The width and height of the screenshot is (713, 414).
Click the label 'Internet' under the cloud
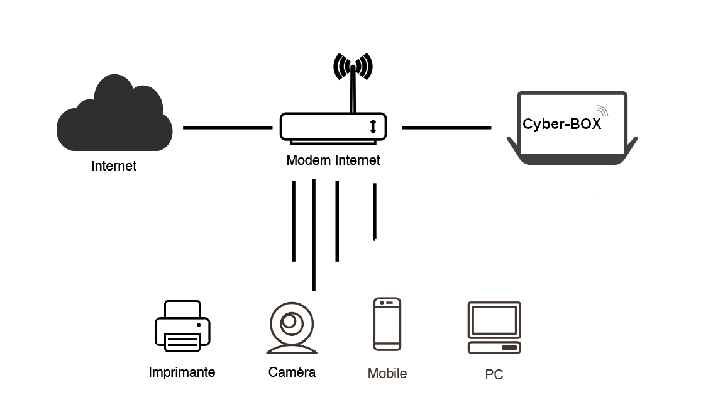(114, 166)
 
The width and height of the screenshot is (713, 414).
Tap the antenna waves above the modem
(353, 67)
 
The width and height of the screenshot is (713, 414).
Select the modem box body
(333, 126)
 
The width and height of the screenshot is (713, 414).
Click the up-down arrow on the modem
(373, 126)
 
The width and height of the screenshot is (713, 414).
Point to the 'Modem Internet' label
(333, 160)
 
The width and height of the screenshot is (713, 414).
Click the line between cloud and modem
(228, 127)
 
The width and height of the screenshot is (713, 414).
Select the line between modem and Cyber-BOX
(446, 127)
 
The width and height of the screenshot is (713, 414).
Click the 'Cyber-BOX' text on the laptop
(561, 124)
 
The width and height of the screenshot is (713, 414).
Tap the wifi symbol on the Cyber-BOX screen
(603, 111)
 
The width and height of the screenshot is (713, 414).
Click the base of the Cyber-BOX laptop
(572, 157)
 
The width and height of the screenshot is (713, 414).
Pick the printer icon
(182, 326)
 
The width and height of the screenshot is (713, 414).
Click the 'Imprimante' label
(182, 372)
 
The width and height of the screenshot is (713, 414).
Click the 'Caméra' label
(292, 372)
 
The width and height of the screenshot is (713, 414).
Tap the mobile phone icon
(387, 324)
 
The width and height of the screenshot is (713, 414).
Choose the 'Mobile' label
(387, 374)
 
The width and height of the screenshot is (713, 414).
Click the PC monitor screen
(494, 320)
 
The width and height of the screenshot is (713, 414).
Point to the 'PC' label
(494, 375)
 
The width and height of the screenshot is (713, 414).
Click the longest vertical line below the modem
(314, 234)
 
